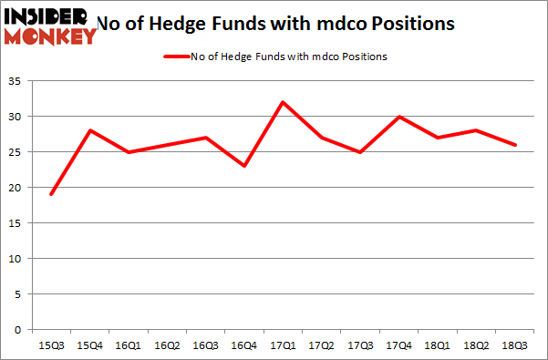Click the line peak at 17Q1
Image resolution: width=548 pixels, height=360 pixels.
pyautogui.click(x=284, y=102)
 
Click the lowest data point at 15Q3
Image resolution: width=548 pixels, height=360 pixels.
pyautogui.click(x=50, y=194)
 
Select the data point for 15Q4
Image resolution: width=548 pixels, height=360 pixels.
pyautogui.click(x=89, y=130)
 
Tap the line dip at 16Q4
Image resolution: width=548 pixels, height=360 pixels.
pyautogui.click(x=244, y=166)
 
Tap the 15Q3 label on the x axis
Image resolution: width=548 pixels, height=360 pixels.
pyautogui.click(x=50, y=346)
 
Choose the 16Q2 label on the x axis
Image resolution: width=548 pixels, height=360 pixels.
pyautogui.click(x=167, y=346)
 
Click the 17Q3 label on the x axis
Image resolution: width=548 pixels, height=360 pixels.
pyautogui.click(x=361, y=346)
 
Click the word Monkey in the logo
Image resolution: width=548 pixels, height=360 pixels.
pyautogui.click(x=50, y=36)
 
